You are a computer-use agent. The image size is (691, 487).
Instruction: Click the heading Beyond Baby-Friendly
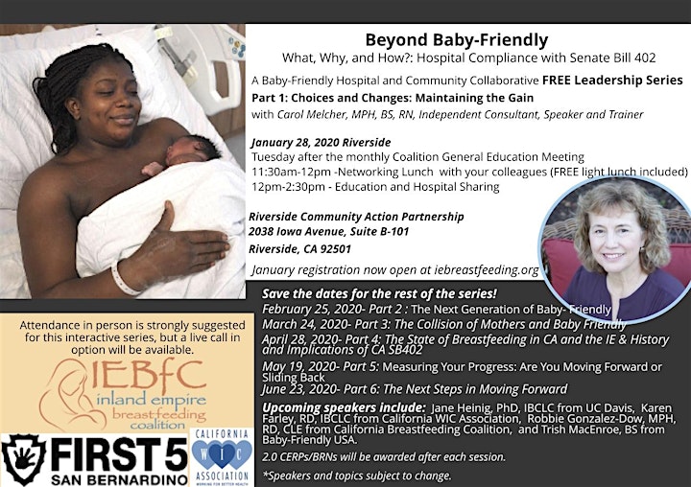457,40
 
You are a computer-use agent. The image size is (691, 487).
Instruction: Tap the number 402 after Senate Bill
645,58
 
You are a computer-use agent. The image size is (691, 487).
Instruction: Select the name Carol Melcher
312,114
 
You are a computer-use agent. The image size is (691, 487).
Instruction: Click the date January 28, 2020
296,143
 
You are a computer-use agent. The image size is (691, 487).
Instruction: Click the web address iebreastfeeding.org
487,270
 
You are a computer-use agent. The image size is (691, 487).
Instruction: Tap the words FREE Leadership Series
612,81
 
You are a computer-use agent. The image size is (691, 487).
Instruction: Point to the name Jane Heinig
460,407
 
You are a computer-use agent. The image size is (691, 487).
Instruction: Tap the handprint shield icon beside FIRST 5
24,459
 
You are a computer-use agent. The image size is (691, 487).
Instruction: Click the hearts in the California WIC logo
222,454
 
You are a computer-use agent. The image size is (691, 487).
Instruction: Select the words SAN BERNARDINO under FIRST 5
119,479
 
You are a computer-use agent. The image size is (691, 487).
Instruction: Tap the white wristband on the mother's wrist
124,277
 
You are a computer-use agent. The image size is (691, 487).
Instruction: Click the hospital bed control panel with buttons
237,48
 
